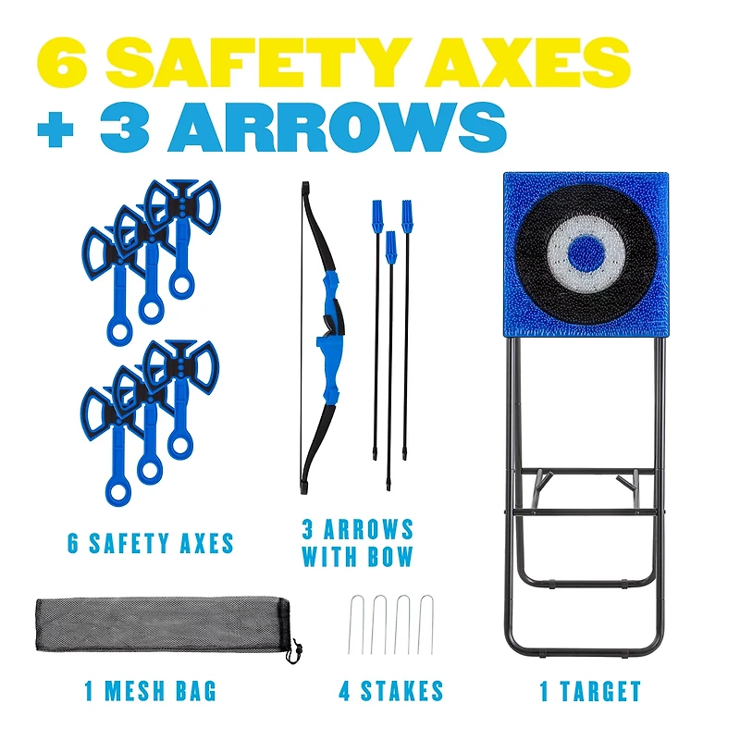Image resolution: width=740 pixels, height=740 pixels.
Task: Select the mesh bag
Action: [x=157, y=625]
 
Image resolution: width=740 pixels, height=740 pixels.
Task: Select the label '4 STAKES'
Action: [x=390, y=691]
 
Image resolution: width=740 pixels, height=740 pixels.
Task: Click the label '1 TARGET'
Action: [x=590, y=691]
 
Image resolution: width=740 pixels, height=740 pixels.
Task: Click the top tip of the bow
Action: [x=302, y=186]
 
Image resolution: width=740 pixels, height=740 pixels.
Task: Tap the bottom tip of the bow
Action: [x=303, y=487]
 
